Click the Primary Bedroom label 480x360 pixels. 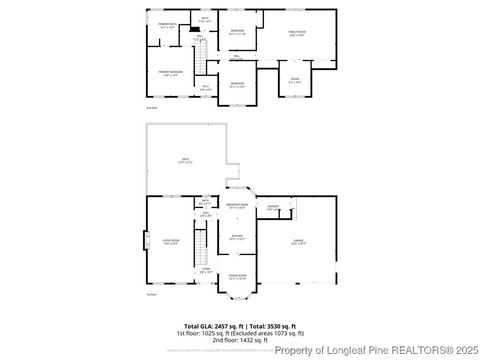click(x=169, y=73)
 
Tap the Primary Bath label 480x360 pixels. click(x=167, y=27)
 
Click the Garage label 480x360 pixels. click(x=298, y=241)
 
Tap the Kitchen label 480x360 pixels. click(x=238, y=238)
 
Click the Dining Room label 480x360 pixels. click(x=237, y=277)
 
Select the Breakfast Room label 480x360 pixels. click(x=237, y=207)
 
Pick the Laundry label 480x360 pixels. click(x=271, y=208)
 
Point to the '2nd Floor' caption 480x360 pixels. click(x=152, y=105)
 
